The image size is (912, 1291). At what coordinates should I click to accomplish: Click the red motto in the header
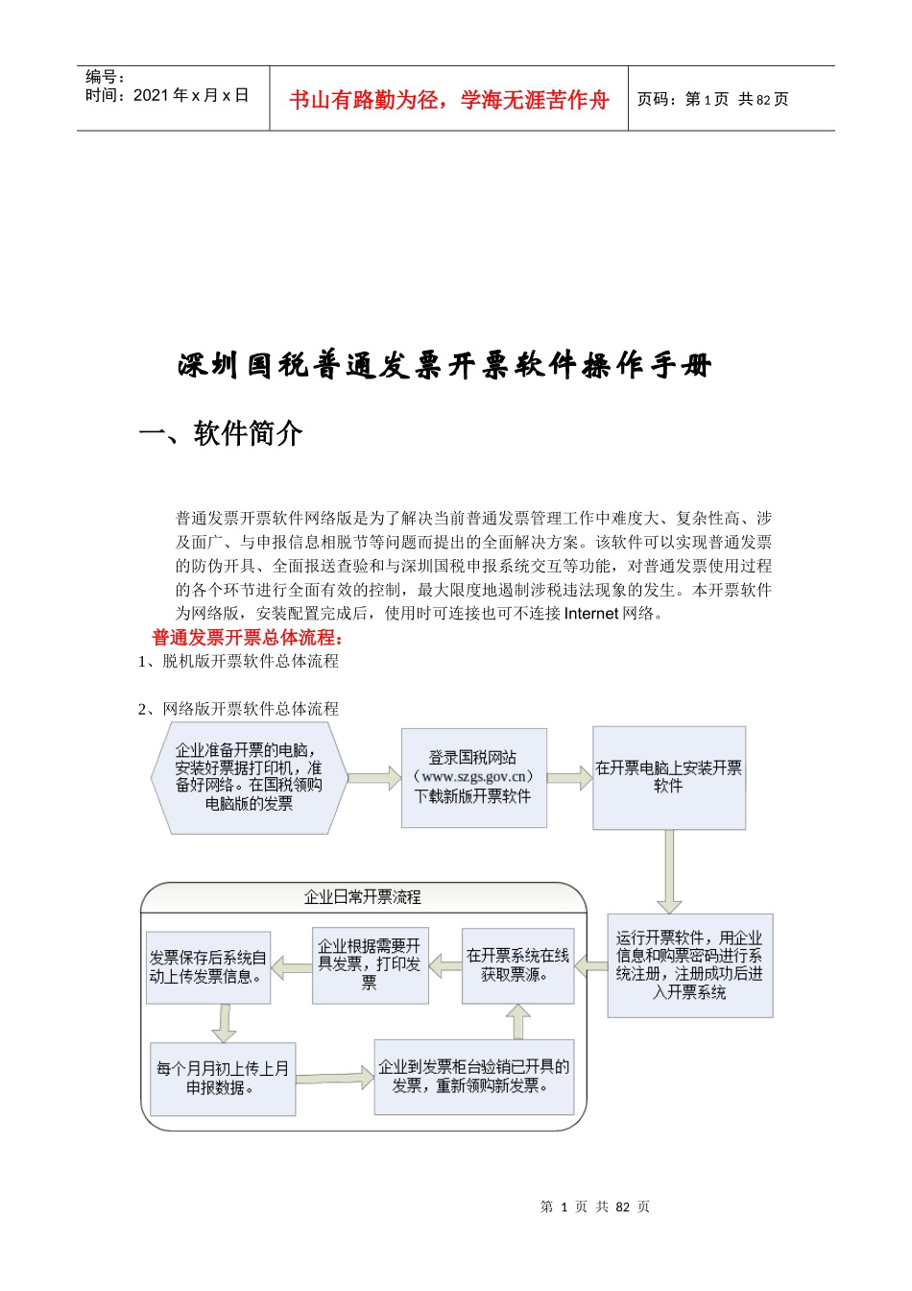[x=448, y=100]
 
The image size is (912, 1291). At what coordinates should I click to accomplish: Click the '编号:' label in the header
[x=106, y=77]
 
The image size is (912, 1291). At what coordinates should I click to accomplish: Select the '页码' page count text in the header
[x=712, y=99]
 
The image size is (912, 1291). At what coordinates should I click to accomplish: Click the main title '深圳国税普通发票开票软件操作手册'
[x=444, y=366]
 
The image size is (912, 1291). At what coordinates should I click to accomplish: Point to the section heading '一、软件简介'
[x=221, y=433]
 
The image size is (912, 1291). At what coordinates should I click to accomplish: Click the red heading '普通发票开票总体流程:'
[x=248, y=637]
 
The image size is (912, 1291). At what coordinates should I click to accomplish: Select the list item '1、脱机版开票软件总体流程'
[x=238, y=661]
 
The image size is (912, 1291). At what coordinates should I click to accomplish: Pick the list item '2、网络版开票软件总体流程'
[x=238, y=709]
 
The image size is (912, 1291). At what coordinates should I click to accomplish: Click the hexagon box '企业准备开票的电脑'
[x=248, y=776]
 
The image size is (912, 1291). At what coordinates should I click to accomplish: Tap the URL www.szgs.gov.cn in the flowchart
[x=474, y=776]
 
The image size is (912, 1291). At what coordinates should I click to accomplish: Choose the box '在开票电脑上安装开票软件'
[x=668, y=777]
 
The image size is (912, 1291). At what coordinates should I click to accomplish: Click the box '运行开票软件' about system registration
[x=689, y=964]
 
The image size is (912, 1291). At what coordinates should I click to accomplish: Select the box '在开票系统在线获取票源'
[x=517, y=965]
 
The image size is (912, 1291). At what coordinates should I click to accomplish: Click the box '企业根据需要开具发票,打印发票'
[x=370, y=965]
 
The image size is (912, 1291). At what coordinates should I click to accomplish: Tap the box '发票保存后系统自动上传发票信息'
[x=207, y=967]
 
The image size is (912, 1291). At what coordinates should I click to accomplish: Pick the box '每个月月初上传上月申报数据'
[x=222, y=1079]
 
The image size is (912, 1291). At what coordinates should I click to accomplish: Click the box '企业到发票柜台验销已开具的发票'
[x=473, y=1076]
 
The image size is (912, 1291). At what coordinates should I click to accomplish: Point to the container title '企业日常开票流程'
[x=363, y=897]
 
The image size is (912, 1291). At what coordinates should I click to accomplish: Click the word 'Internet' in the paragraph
[x=591, y=613]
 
